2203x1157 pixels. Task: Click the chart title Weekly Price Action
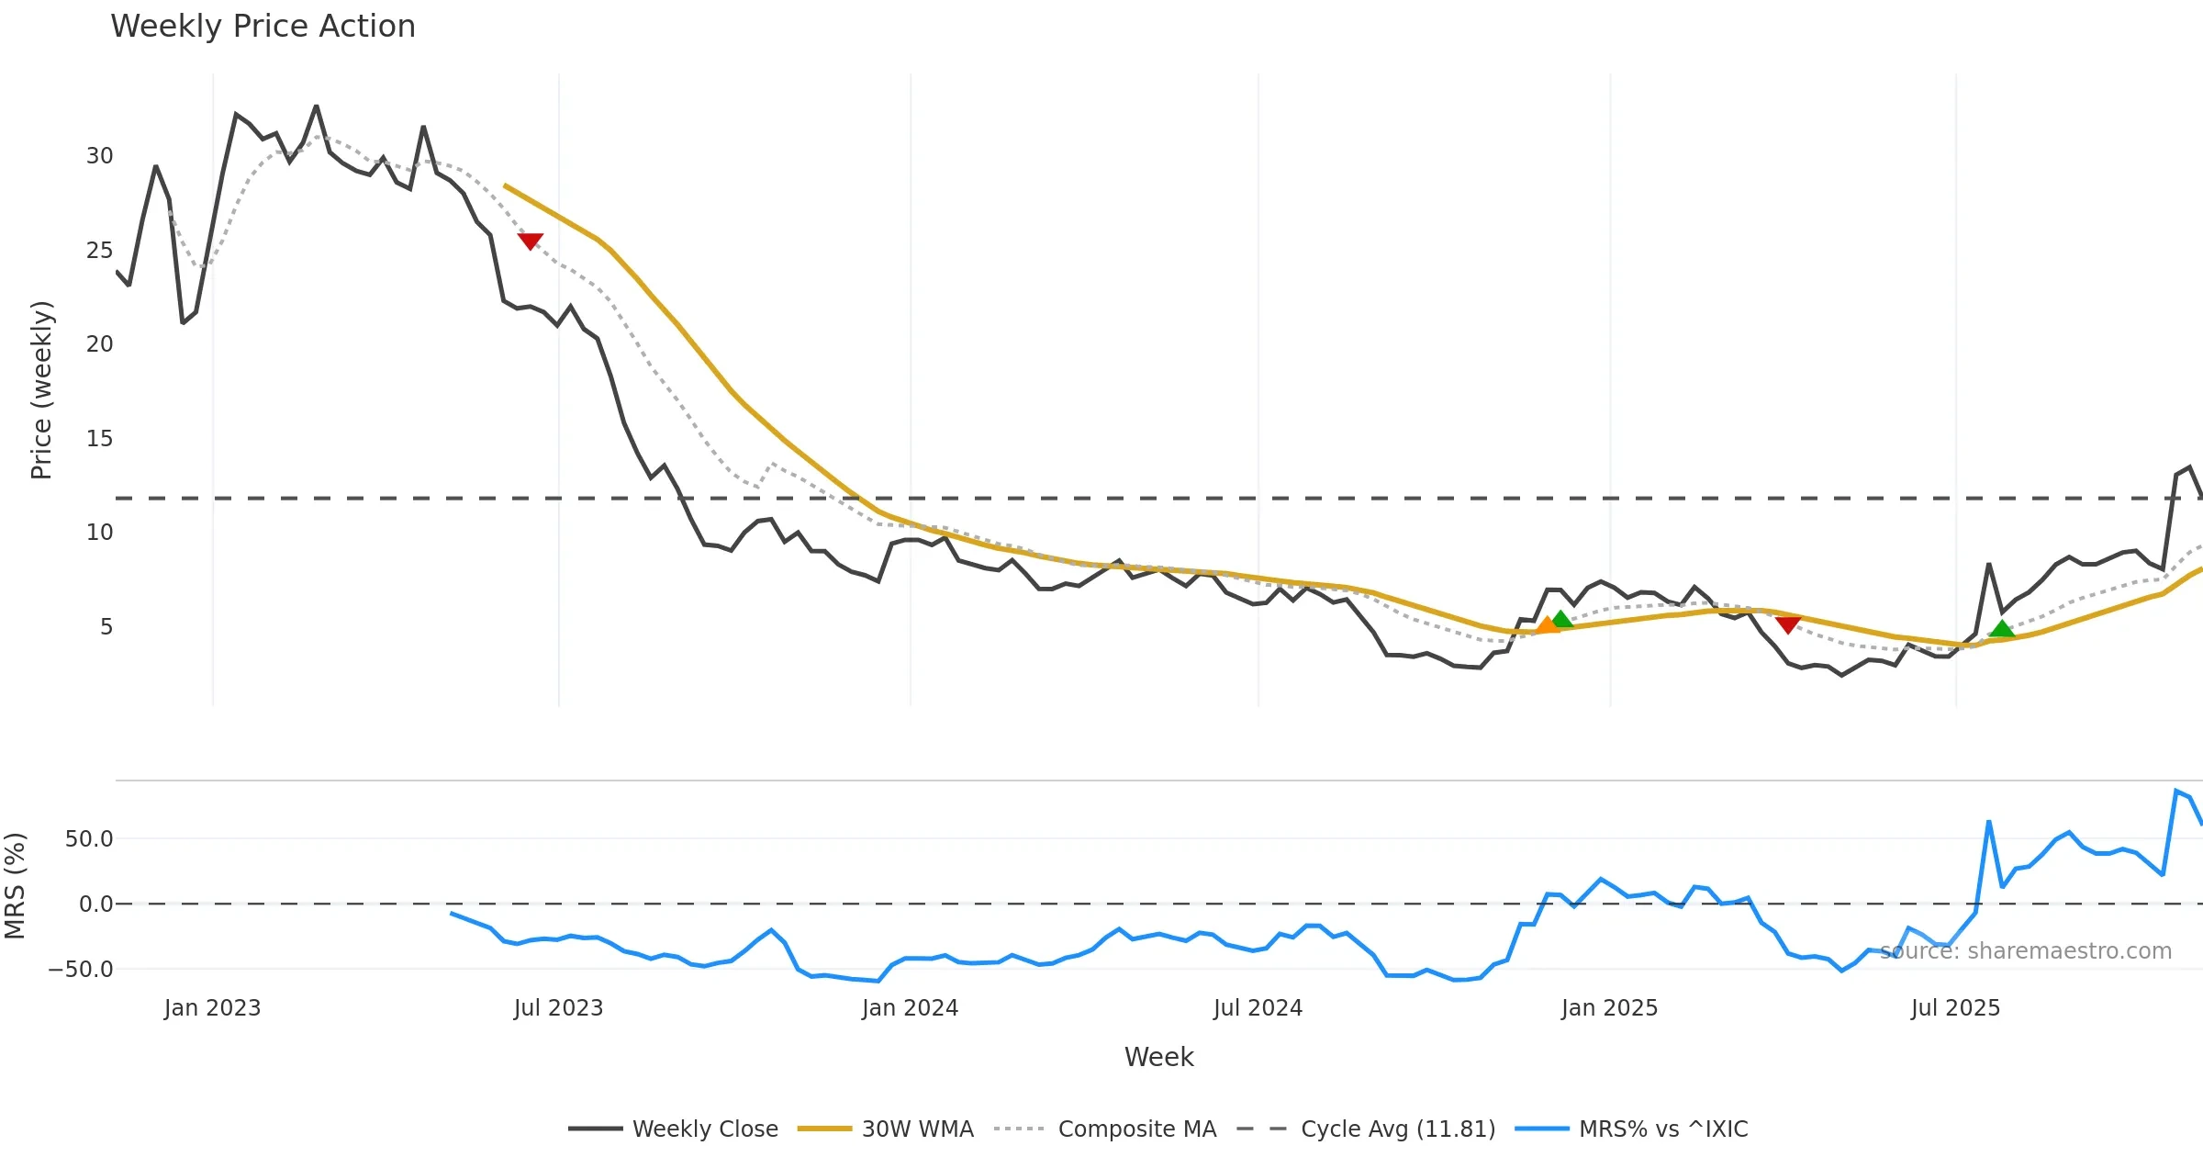click(263, 27)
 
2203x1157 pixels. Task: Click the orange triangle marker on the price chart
click(1548, 625)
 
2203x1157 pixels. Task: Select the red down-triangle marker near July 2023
click(531, 241)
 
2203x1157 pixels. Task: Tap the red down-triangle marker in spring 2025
click(1788, 624)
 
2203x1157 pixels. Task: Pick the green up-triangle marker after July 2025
click(2002, 629)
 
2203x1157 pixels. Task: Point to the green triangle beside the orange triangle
click(1562, 619)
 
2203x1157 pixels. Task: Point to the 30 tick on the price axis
click(100, 156)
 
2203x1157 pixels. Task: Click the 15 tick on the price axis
click(100, 439)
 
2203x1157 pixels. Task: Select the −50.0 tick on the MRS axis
click(81, 970)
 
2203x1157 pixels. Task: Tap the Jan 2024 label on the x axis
click(910, 1008)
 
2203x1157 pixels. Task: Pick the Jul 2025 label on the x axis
click(1955, 1008)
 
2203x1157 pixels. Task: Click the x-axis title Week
click(1158, 1057)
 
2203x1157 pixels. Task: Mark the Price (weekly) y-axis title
click(42, 390)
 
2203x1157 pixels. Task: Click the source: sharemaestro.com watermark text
click(2025, 950)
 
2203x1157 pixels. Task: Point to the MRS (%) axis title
click(15, 885)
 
